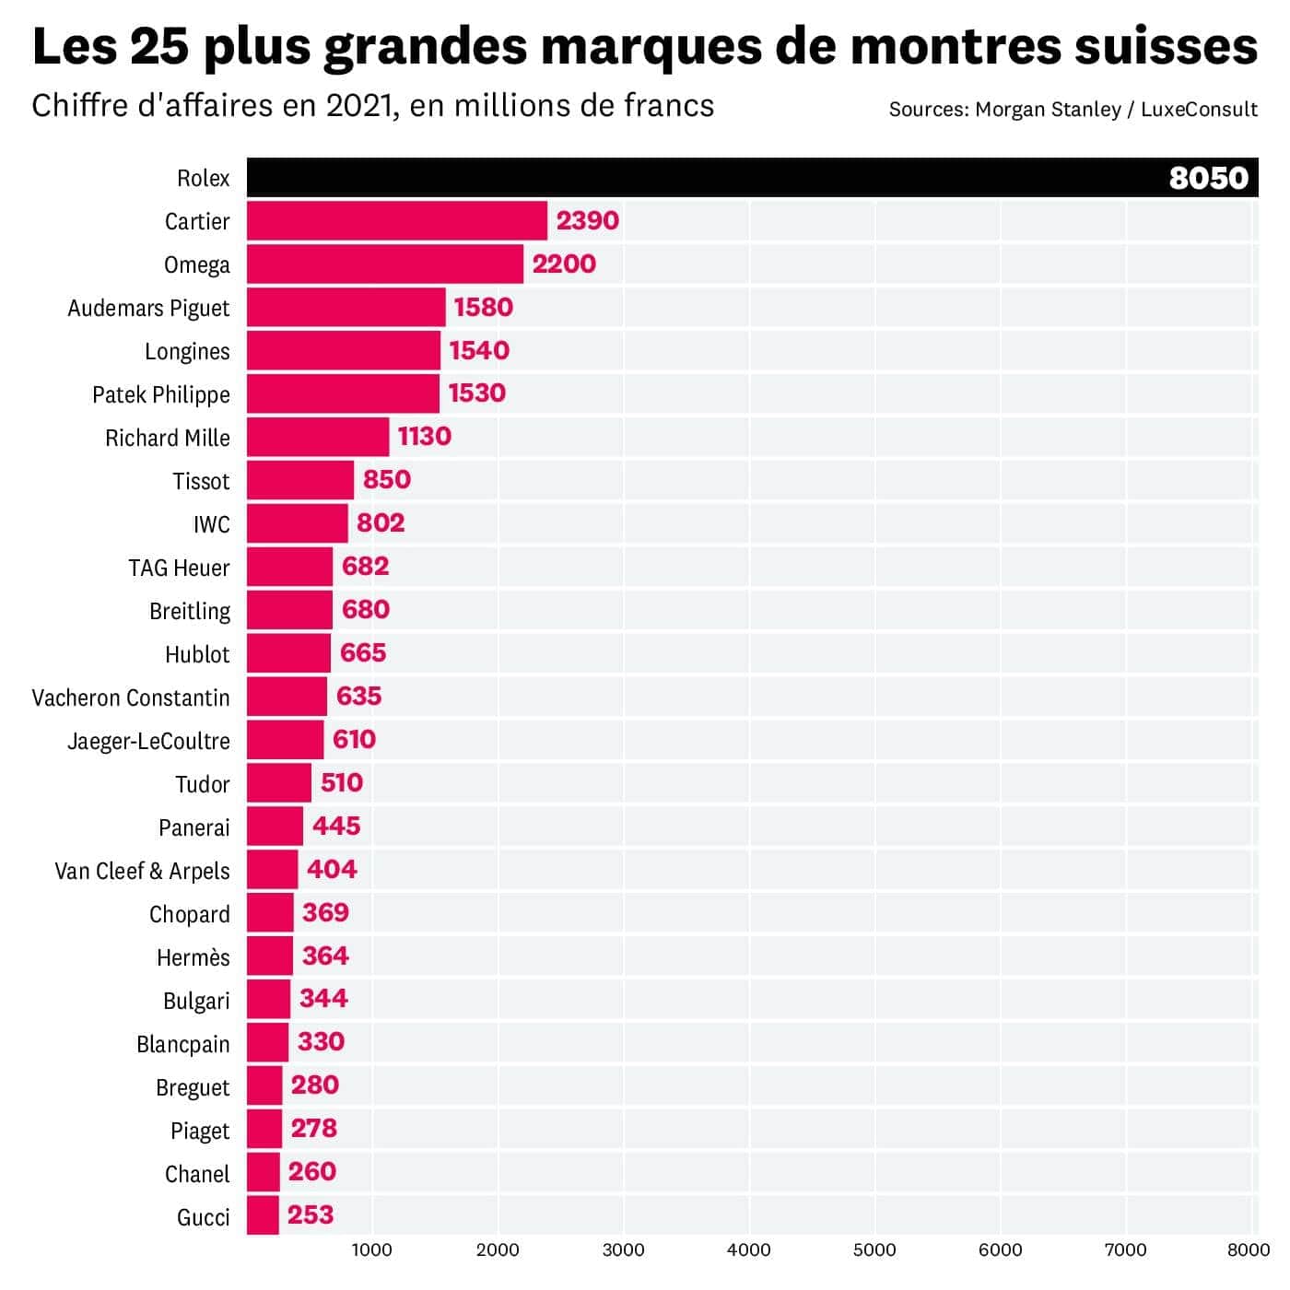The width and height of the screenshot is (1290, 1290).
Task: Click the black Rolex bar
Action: coord(700,177)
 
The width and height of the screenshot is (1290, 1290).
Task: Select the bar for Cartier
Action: coord(396,221)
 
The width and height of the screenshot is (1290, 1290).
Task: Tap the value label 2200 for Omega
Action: coord(564,264)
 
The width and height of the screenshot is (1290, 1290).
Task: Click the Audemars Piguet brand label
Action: coord(148,308)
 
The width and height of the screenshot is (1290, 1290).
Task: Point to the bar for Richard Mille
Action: coord(318,437)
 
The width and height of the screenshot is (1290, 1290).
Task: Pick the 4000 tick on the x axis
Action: coord(748,1249)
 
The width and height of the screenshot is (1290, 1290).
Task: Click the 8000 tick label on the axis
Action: coord(1248,1249)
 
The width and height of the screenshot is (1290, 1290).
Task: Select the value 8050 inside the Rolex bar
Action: coord(1208,177)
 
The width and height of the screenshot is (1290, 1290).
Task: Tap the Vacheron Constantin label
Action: coord(131,698)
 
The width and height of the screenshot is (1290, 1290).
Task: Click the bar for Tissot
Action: coord(300,480)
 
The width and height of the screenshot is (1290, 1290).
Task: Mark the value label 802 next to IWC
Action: coord(381,523)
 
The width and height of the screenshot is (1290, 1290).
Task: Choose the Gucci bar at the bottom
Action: coord(263,1215)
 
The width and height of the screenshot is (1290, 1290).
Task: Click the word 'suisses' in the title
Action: coord(1166,46)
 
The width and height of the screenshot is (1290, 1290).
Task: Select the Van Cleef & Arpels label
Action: coord(142,871)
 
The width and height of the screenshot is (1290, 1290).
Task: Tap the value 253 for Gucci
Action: coord(310,1215)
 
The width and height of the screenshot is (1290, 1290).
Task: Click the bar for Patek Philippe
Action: coord(343,393)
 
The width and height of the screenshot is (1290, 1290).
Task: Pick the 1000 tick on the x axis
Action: coord(371,1249)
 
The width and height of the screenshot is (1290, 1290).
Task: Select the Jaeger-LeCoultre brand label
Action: coord(148,741)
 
